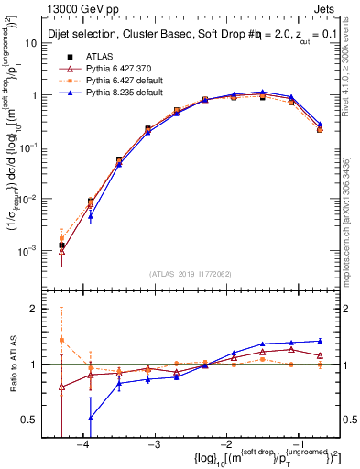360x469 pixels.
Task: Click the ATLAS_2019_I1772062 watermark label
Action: [191, 274]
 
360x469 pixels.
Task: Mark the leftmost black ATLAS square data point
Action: [61, 245]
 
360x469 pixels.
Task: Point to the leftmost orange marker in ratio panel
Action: [61, 340]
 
